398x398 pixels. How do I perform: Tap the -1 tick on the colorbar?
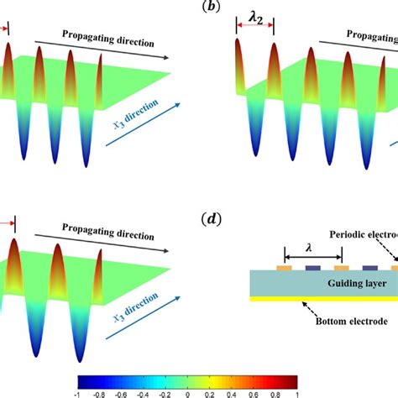(x=77, y=390)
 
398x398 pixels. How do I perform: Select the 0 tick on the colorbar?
(x=187, y=390)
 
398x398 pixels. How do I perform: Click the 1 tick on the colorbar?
(x=296, y=390)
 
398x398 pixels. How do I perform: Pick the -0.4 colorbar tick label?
(x=143, y=390)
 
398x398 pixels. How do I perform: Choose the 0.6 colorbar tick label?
(x=253, y=390)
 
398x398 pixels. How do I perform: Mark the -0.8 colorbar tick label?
(x=99, y=390)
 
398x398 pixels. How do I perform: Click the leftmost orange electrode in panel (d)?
(x=284, y=270)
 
